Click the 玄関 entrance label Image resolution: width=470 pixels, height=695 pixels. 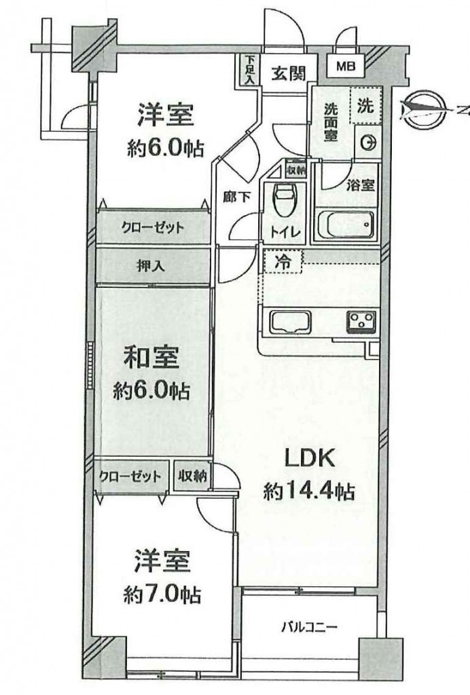coord(289,73)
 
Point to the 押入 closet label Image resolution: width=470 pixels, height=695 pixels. coord(151,266)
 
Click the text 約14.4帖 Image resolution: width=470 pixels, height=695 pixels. coord(309,491)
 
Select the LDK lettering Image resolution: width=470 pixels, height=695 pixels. coord(309,459)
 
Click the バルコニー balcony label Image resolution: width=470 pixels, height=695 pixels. coord(310,627)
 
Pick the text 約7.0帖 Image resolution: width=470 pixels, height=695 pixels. coord(162,595)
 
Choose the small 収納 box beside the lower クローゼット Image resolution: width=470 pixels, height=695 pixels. coord(192,476)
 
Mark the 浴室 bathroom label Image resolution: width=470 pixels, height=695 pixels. coord(361,185)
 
